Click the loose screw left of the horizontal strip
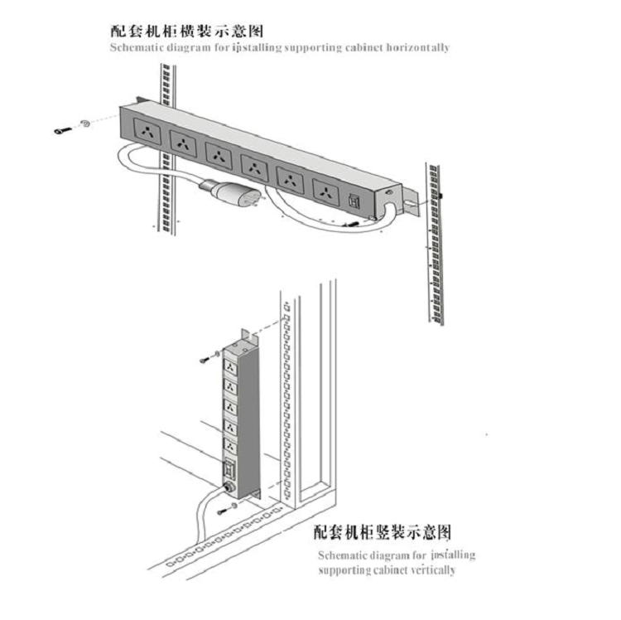(x=60, y=131)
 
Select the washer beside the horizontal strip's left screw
(x=84, y=125)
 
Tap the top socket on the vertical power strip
(x=231, y=368)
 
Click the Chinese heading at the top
(x=187, y=31)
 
